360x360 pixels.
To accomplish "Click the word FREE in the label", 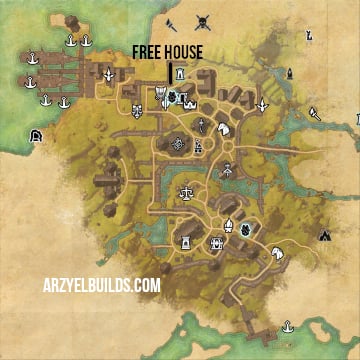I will (150, 52).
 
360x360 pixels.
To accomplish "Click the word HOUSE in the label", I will (184, 52).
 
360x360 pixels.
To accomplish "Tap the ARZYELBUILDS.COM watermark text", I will (101, 286).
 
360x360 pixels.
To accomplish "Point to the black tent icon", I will (325, 236).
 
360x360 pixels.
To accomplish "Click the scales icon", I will (185, 191).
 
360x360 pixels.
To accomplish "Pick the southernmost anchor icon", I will (288, 326).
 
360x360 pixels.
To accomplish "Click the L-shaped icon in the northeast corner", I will (309, 38).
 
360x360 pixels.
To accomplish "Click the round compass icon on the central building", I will (178, 145).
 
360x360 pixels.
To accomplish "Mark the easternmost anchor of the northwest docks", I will (87, 41).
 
